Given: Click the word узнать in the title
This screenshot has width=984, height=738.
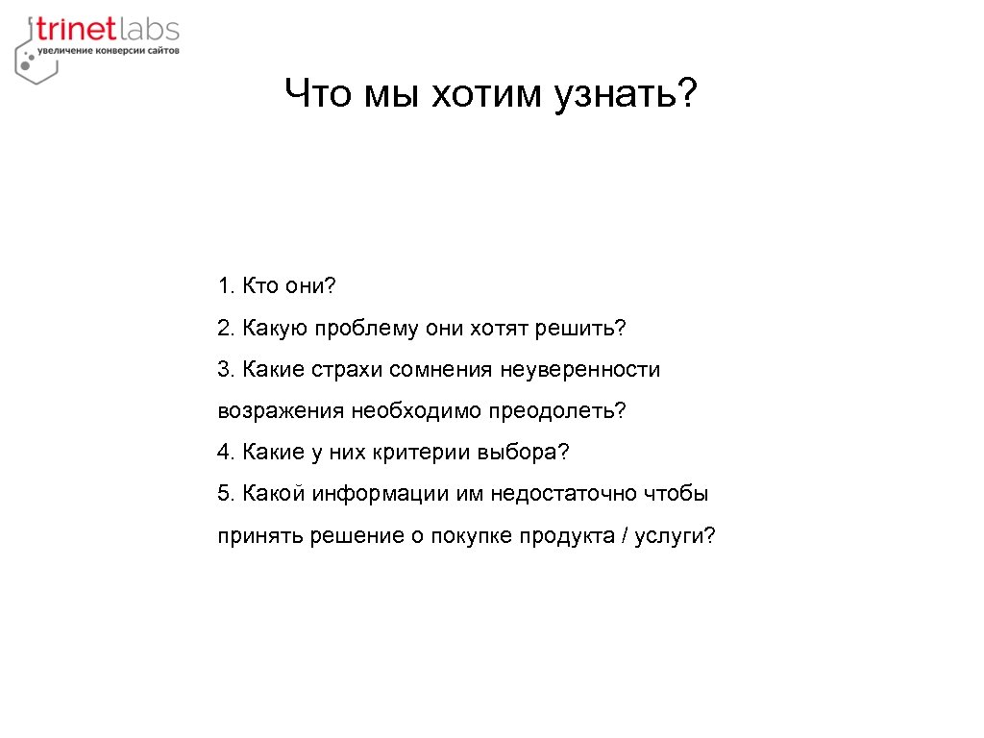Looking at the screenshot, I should pos(615,94).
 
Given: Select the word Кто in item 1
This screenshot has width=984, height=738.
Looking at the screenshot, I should pos(259,286).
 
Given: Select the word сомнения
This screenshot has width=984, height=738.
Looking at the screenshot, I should pos(446,370).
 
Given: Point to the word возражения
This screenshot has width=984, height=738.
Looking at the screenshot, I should pos(280,411).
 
